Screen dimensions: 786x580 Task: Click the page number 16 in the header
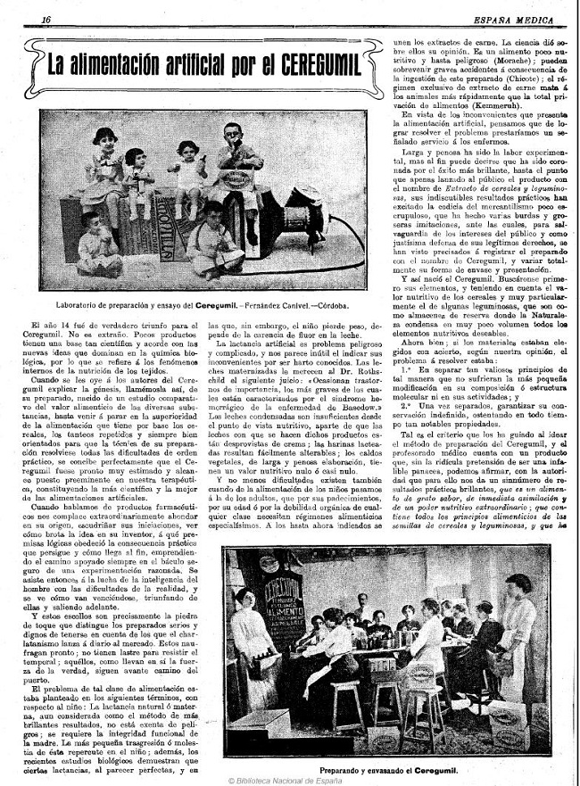tap(46, 19)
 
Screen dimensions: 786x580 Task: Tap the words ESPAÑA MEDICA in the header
tap(515, 19)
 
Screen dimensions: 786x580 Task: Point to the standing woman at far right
tap(516, 642)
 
